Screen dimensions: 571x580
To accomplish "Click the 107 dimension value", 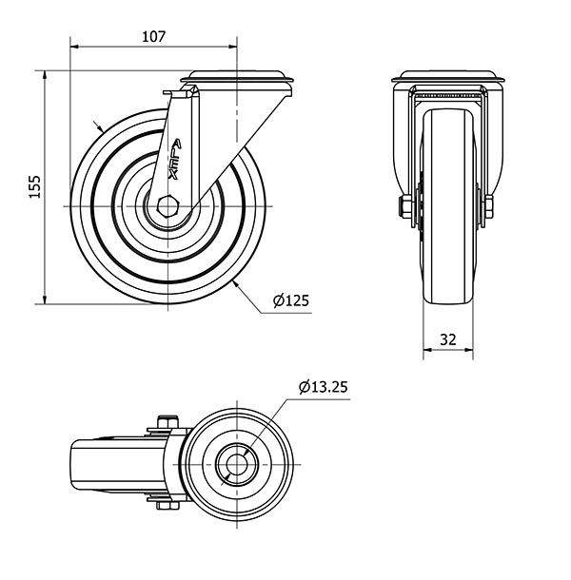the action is click(153, 37).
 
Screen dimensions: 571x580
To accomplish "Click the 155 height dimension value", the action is click(35, 186).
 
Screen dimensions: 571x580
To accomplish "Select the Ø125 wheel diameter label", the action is click(290, 300).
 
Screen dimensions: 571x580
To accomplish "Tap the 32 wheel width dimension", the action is click(447, 339).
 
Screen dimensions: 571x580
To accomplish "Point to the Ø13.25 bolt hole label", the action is click(324, 387).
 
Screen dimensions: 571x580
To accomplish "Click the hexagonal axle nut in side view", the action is click(168, 205).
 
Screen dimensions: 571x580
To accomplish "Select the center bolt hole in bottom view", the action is click(237, 464).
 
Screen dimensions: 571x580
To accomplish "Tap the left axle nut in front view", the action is click(404, 207).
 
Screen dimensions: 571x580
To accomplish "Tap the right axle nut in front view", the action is click(489, 207).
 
